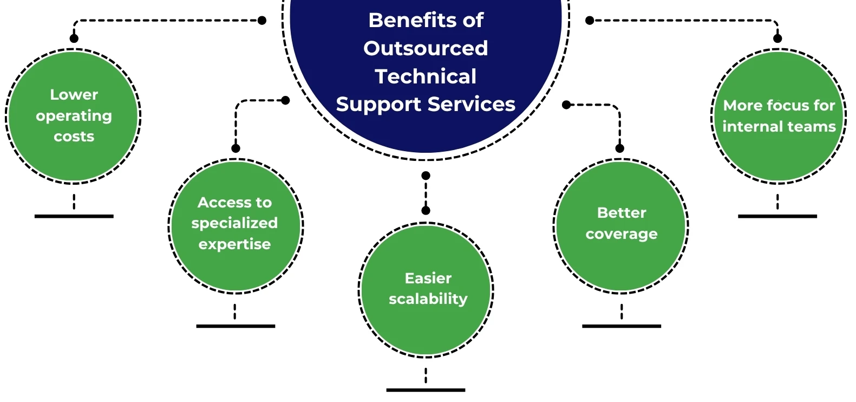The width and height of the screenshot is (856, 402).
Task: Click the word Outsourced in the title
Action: (x=426, y=48)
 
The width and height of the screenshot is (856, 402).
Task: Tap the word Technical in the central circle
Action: (x=426, y=76)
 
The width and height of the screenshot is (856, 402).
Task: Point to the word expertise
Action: (x=234, y=244)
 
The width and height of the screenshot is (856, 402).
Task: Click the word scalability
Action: (x=428, y=299)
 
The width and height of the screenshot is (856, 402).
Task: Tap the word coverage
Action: (x=622, y=234)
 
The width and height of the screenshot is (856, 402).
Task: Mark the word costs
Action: (x=74, y=137)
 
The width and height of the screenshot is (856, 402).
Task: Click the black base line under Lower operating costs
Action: (x=74, y=216)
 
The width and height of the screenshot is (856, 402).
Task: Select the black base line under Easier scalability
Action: (x=426, y=390)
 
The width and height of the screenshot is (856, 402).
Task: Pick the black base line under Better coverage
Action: (x=622, y=326)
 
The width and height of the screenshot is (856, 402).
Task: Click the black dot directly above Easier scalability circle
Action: (x=426, y=210)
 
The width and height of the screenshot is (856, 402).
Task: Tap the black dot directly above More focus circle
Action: (x=777, y=38)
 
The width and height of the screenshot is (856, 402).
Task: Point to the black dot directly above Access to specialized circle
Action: (x=236, y=148)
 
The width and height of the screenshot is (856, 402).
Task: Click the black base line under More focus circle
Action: (x=777, y=216)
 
